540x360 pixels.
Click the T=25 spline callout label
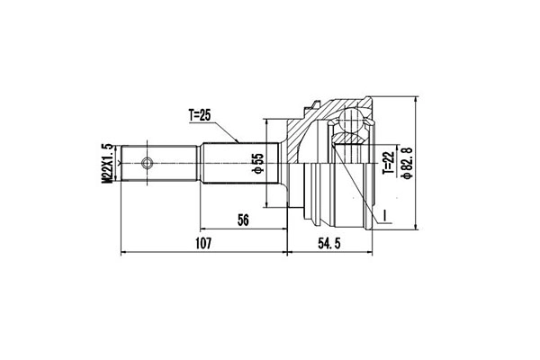pyautogui.click(x=199, y=114)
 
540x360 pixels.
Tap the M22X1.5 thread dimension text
pyautogui.click(x=107, y=163)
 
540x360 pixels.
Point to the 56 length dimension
pyautogui.click(x=243, y=220)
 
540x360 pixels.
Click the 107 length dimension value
pyautogui.click(x=202, y=244)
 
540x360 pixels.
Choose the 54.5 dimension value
pyautogui.click(x=328, y=244)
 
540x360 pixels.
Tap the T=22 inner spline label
pyautogui.click(x=387, y=162)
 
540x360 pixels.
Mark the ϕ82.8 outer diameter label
pyautogui.click(x=407, y=163)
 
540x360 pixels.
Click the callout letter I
pyautogui.click(x=385, y=215)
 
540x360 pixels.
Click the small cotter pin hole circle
pyautogui.click(x=147, y=163)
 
